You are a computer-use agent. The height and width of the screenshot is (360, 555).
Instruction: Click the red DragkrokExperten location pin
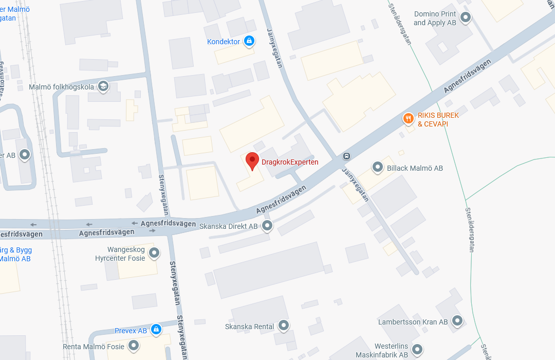pos(252,160)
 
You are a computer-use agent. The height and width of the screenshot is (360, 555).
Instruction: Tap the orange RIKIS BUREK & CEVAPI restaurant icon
pos(408,119)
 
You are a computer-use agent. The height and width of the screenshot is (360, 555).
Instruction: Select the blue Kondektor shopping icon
pos(249,41)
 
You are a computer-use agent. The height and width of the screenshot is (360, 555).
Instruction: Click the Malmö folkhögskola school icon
pos(103,86)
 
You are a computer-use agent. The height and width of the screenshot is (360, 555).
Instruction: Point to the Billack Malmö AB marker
pos(378,167)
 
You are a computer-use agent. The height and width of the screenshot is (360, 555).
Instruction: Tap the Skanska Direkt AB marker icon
pos(267,225)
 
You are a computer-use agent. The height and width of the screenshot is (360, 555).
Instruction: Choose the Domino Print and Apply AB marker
pos(466,18)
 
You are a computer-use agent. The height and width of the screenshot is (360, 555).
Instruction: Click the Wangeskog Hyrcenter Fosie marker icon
pos(154,253)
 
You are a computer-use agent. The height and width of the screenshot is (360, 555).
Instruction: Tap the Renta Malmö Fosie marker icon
pos(134,346)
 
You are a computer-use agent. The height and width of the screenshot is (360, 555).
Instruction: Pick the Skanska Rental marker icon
pos(283,326)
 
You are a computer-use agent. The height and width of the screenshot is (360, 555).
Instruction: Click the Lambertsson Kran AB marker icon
pos(457,321)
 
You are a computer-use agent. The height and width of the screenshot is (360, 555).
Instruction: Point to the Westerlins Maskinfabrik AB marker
pos(417,349)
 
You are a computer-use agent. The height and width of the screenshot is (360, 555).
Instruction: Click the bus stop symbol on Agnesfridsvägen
pos(347,156)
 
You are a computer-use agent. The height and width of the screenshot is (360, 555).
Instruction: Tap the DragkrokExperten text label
pos(290,162)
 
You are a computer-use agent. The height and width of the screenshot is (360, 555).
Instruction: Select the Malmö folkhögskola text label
pos(61,87)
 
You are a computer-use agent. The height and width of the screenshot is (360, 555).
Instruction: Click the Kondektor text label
pos(224,42)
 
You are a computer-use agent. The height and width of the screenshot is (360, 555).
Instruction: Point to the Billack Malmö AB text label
pos(415,168)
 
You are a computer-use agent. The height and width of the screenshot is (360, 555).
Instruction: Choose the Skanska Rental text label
pos(250,327)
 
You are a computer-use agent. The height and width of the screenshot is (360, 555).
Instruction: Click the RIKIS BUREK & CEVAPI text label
pos(438,119)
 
